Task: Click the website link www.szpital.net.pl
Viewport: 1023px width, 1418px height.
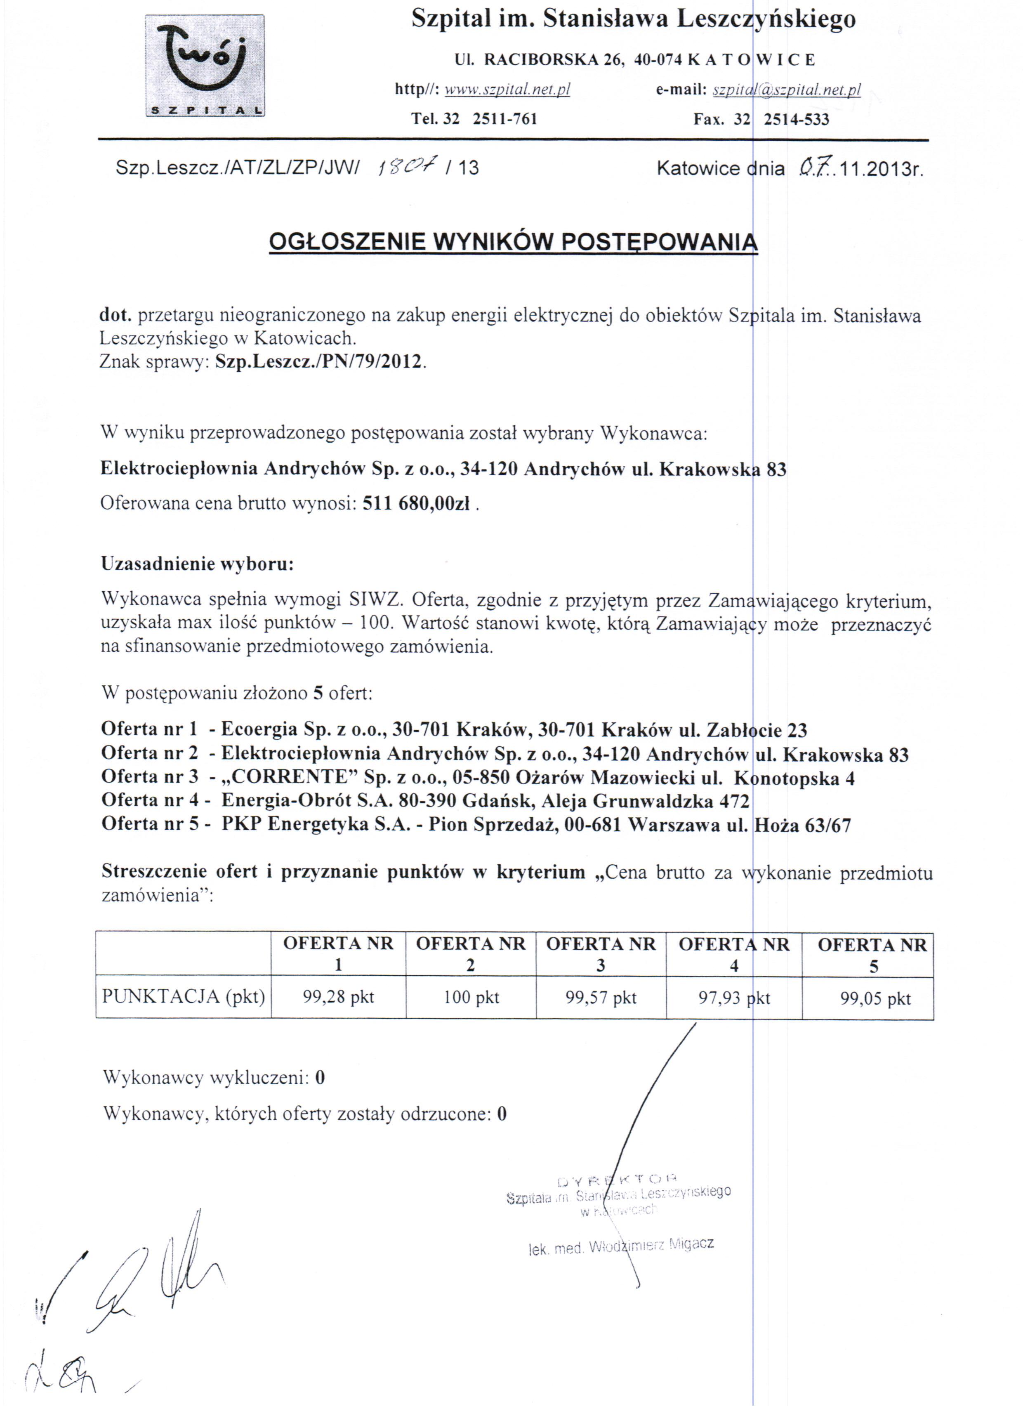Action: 507,90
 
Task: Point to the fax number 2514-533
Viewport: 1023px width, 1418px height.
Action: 796,119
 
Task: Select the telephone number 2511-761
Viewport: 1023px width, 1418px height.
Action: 504,119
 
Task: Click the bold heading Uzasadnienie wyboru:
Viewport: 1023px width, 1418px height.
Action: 197,564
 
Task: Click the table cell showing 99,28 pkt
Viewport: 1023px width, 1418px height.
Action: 338,997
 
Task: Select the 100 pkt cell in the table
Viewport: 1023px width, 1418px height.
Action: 471,997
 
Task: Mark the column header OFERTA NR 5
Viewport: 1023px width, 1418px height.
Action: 872,954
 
